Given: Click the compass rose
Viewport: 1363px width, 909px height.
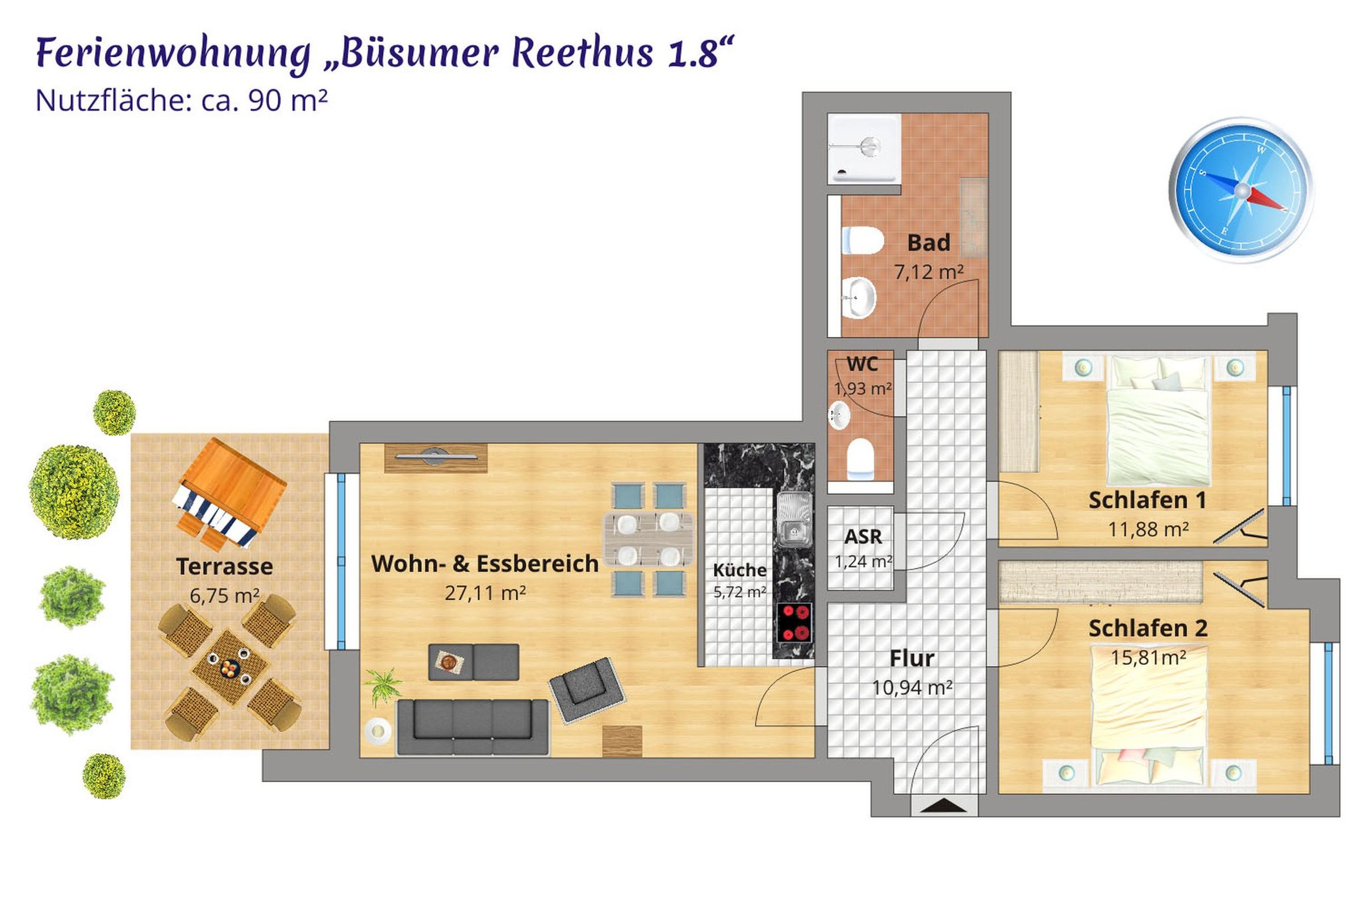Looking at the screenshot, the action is pos(1241,190).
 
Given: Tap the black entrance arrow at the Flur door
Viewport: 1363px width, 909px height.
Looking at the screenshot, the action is pos(943,805).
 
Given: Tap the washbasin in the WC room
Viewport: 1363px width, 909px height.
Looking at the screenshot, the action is pos(839,415).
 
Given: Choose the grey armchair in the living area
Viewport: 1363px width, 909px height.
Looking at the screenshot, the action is pos(587,690).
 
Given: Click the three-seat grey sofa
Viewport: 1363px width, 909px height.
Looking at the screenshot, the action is pos(473,727).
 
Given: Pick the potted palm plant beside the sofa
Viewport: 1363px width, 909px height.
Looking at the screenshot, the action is pos(382,686).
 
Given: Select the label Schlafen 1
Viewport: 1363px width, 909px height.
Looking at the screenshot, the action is pos(1147,501).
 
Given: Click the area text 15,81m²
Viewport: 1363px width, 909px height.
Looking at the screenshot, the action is pos(1148,657).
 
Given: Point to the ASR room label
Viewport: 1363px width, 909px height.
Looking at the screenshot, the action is pos(863,537).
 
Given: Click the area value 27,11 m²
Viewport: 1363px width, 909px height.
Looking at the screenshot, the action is pos(485,593).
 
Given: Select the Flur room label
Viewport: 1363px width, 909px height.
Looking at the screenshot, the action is pos(912,658).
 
